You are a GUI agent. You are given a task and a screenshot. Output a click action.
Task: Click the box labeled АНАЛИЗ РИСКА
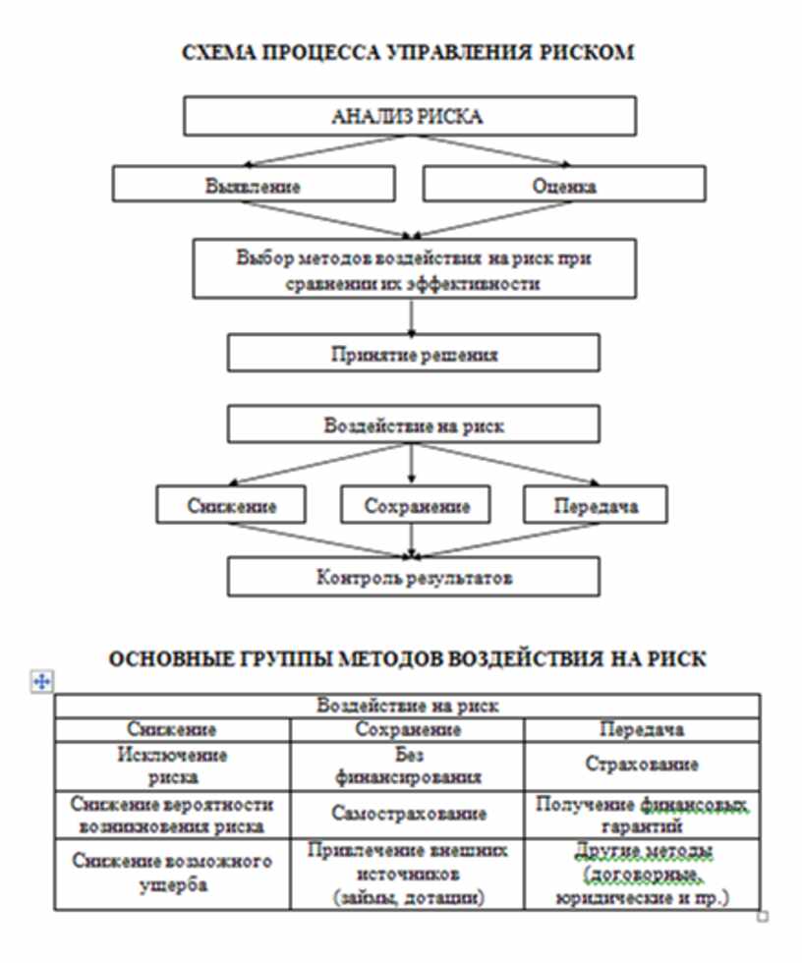pos(407,116)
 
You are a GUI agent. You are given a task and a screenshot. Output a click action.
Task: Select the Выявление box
pos(254,184)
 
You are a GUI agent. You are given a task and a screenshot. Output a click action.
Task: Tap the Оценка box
pos(564,184)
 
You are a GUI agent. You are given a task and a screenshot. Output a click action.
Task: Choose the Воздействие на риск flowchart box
pos(413,425)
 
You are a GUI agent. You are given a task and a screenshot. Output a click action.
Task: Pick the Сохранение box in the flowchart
pos(417,506)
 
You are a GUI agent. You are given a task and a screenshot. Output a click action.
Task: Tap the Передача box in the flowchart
pos(596,506)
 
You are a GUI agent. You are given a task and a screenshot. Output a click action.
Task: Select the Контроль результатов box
pos(413,577)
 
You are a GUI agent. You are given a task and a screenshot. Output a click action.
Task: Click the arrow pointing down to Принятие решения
pos(412,317)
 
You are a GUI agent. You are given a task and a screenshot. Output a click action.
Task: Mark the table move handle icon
pos(41,681)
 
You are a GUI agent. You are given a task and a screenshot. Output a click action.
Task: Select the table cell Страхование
pos(642,765)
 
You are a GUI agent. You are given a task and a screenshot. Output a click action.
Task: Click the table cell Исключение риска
pos(173,765)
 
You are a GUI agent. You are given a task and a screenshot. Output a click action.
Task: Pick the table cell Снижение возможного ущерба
pos(173,873)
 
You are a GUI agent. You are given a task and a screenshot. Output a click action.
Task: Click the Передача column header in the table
pos(642,729)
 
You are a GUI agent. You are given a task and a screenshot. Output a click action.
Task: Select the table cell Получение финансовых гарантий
pos(642,814)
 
